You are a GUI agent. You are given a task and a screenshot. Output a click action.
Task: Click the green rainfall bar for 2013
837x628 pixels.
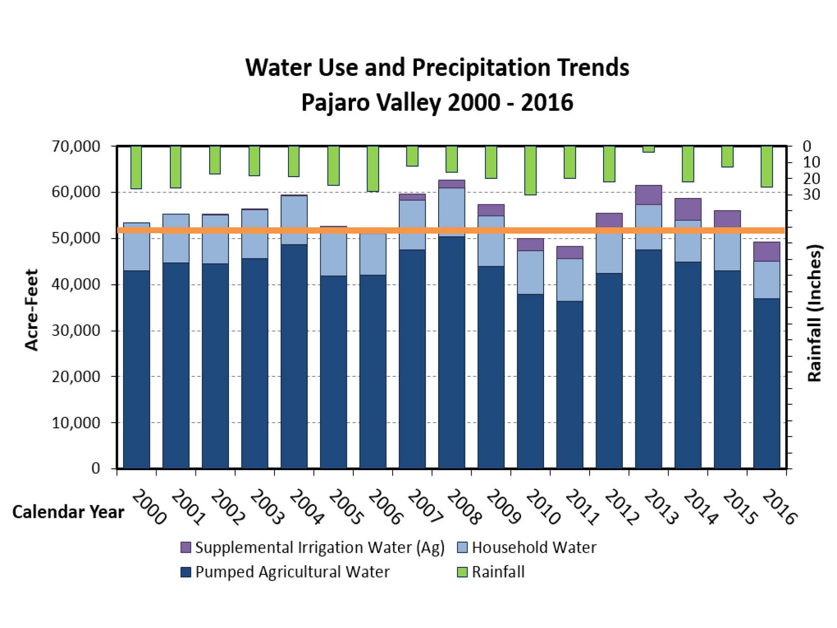click(649, 149)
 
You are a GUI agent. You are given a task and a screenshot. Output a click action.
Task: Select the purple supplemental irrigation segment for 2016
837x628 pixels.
click(767, 252)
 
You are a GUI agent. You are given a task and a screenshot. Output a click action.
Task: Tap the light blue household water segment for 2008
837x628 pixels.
click(452, 207)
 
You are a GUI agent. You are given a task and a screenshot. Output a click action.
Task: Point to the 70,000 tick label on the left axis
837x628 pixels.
click(76, 147)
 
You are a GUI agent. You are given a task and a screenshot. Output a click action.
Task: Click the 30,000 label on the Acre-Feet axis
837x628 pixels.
click(76, 331)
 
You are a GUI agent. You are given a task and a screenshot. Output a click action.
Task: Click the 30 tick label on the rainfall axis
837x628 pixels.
click(811, 195)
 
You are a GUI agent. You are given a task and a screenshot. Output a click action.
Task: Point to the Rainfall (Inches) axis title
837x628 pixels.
click(814, 313)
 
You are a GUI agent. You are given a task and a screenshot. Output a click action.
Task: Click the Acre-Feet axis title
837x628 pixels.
click(32, 309)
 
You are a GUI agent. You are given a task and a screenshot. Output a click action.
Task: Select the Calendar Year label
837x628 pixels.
click(68, 512)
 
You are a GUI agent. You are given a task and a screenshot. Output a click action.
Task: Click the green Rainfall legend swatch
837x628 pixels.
click(462, 572)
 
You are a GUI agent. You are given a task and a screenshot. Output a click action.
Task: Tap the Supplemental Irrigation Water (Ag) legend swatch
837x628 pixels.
click(186, 548)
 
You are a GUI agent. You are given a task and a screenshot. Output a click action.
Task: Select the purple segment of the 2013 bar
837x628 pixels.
click(649, 195)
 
